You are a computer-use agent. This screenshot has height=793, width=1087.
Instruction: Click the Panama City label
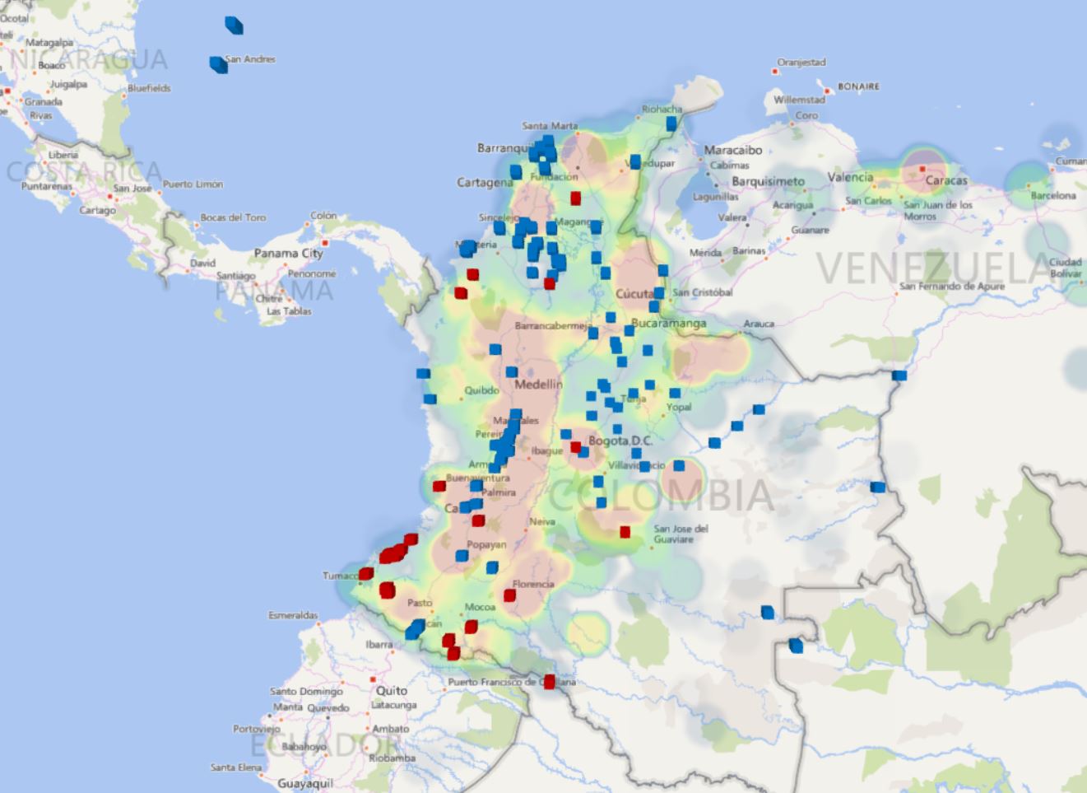coord(288,254)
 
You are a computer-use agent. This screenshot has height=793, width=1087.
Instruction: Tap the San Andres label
coord(250,59)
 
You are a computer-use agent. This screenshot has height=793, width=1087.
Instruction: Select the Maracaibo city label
coord(732,151)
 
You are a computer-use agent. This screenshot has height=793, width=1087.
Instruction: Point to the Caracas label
coord(946,180)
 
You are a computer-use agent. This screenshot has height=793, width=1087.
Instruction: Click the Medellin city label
coord(538,385)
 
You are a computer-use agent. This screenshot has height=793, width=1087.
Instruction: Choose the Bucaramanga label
coord(668,324)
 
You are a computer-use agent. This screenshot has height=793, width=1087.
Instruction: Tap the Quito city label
coord(392,691)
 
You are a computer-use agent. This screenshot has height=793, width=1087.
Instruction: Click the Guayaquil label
coord(305,783)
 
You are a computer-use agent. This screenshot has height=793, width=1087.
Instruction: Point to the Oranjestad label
coord(801,63)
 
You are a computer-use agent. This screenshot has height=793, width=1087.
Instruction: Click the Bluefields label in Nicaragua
coord(149,88)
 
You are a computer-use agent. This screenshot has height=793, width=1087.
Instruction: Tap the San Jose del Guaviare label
coord(681,534)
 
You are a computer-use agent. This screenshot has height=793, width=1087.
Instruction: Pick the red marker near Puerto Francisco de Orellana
coord(550,682)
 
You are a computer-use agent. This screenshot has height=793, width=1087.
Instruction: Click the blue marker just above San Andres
coord(235,26)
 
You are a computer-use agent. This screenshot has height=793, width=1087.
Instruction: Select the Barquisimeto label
coord(768,181)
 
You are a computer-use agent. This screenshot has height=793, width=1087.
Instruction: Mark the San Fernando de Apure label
coord(951,287)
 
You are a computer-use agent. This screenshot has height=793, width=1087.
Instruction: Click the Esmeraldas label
coord(293,615)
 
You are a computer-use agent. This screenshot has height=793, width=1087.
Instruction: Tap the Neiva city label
coord(541,521)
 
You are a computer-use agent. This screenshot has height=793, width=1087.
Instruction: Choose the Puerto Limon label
coord(193,184)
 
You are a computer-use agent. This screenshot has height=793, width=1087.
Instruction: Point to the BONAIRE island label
coord(858,86)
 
